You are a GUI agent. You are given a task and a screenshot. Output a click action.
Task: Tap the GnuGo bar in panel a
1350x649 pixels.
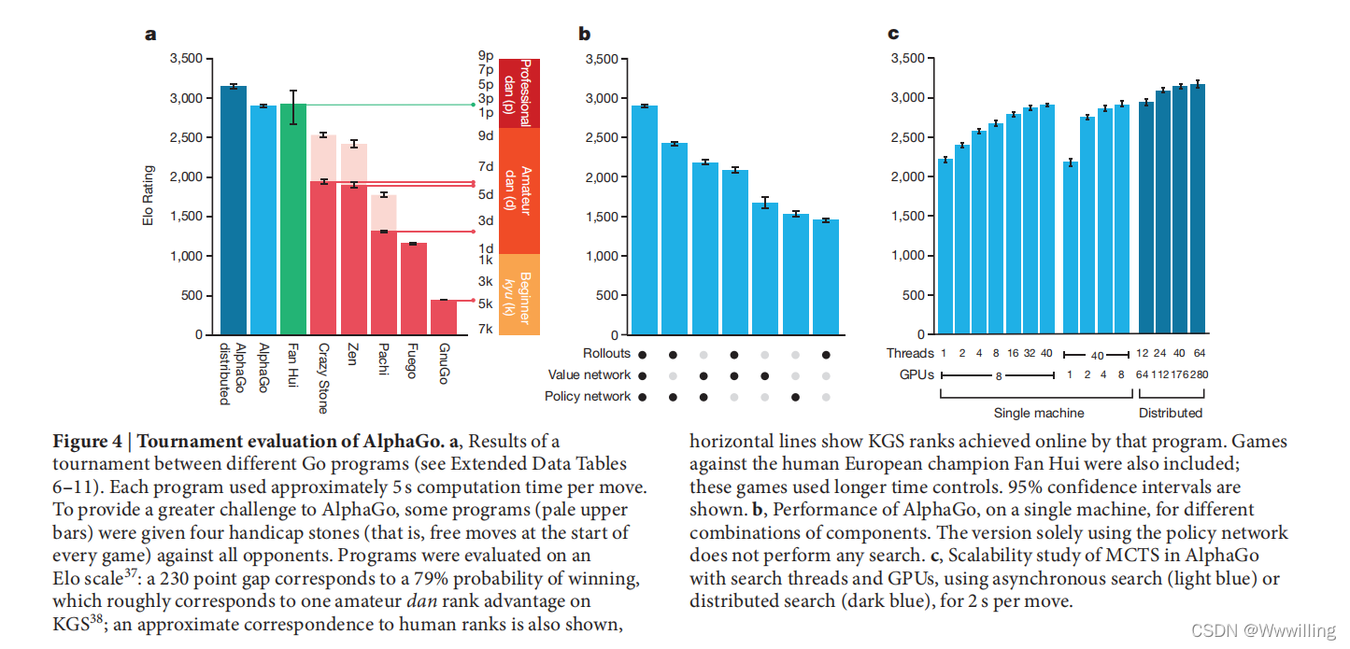(444, 317)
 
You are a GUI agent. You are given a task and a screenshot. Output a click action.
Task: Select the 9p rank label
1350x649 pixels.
(486, 56)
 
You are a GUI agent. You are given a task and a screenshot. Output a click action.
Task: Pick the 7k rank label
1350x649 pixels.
(486, 329)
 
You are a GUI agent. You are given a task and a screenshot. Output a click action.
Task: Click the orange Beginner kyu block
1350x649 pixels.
(519, 294)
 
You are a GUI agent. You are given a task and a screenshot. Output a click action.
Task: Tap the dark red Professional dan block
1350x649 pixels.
(519, 92)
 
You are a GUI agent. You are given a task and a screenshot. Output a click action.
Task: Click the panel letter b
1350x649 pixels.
(585, 35)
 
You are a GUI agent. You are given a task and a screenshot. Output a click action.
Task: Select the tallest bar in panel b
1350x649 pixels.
(645, 219)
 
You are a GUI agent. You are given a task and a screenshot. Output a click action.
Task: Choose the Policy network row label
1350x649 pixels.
(589, 397)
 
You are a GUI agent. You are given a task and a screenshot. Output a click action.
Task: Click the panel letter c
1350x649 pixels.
(893, 35)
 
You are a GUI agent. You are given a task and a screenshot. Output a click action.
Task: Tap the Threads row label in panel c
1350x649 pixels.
(910, 353)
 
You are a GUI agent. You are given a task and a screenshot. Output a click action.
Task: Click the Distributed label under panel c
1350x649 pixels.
(1171, 413)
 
